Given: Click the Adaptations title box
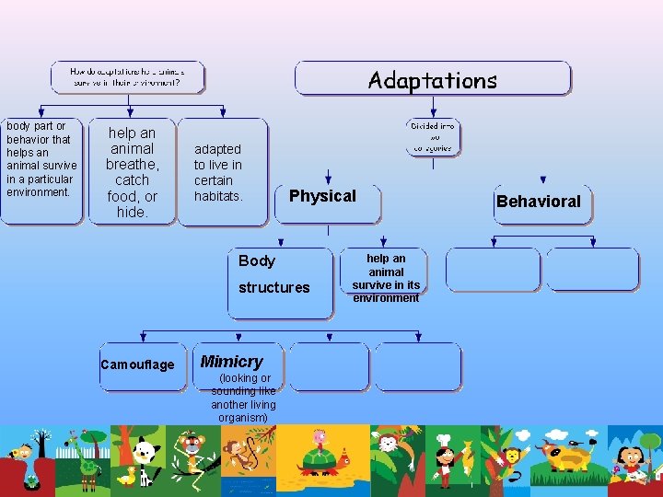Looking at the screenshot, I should coord(432,80).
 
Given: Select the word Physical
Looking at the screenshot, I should coord(322,196).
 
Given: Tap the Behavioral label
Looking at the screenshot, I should coord(539,202).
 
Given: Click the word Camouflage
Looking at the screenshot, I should coord(137,365).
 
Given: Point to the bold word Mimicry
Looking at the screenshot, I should coord(231,362).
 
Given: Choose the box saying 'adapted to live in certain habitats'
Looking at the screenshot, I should coord(218,173).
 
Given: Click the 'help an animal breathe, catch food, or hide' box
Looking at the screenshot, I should coord(132,173).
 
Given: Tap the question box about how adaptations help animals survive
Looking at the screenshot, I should coord(127,76).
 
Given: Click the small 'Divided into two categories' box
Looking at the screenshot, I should coord(433,136).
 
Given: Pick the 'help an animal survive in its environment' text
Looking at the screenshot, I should coord(386,279).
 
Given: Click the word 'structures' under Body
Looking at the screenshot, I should coord(274,288).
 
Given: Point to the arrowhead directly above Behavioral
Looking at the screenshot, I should coord(543,180).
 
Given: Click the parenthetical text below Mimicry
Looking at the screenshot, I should coord(243,398).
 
